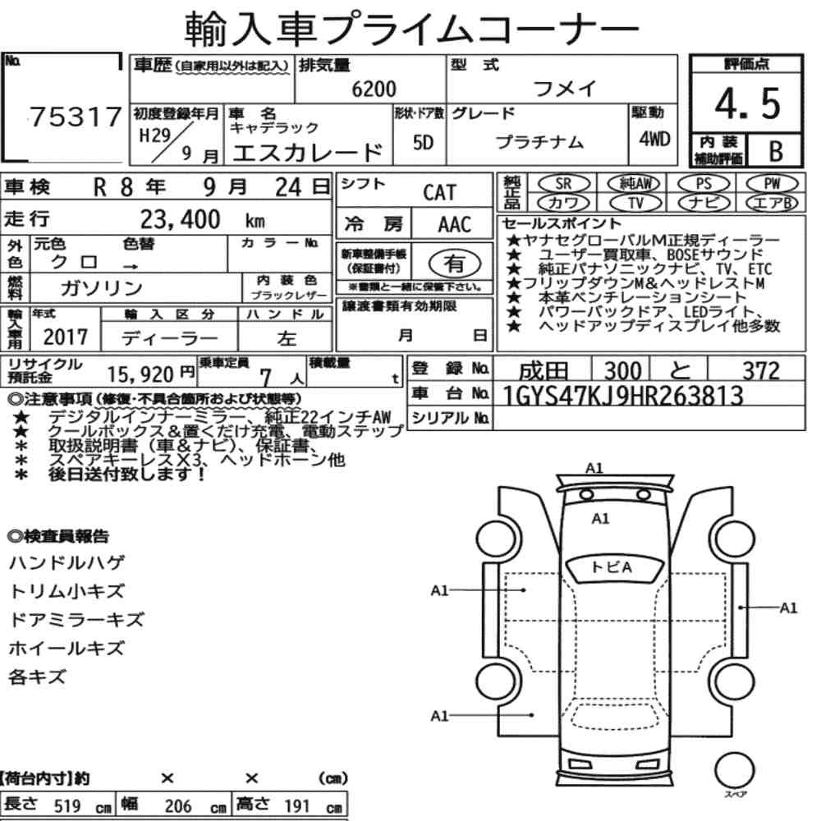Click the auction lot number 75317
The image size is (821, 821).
(76, 117)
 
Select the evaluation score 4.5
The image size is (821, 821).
(747, 103)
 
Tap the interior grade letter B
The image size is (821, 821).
(776, 151)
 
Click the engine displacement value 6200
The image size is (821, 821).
(374, 89)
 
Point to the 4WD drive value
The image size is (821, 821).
(654, 139)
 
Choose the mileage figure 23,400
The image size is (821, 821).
(180, 219)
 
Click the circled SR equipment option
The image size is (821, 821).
(564, 184)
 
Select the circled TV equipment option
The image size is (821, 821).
(635, 203)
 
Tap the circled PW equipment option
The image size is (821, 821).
(772, 184)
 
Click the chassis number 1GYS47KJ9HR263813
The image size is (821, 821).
(622, 396)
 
